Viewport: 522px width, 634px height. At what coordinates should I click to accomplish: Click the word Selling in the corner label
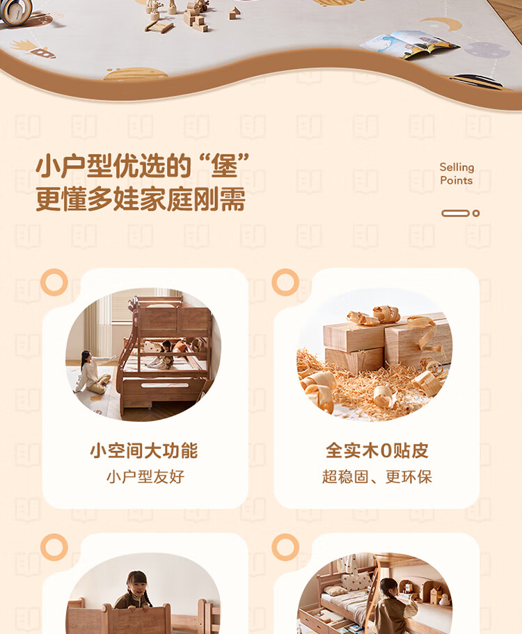click(x=457, y=168)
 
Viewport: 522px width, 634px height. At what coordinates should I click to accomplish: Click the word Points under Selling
click(x=456, y=180)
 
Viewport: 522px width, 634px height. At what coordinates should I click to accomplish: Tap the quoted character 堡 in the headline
click(x=224, y=166)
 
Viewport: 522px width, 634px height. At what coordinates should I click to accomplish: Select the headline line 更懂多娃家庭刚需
click(x=141, y=199)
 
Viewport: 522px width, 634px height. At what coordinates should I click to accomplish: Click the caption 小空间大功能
click(x=144, y=451)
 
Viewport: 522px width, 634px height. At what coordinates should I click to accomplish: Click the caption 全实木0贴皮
click(x=377, y=450)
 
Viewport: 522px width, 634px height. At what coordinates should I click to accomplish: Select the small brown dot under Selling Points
click(x=476, y=213)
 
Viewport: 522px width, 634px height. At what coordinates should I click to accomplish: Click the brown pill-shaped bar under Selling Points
click(x=456, y=213)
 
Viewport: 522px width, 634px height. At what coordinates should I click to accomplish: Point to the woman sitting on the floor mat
click(x=91, y=373)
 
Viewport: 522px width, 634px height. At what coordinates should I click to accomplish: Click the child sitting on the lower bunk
click(x=164, y=355)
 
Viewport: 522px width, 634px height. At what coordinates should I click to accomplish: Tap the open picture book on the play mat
click(x=409, y=45)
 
